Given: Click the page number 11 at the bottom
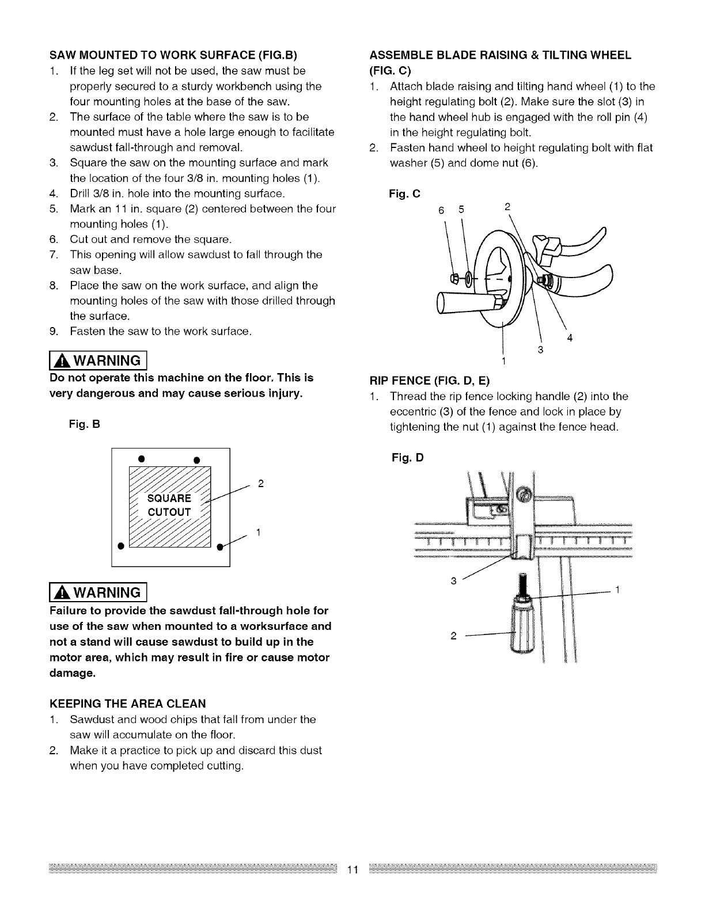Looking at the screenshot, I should point(352,869).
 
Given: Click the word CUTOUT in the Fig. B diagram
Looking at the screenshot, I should point(169,512).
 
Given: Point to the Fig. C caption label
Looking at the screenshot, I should point(404,194).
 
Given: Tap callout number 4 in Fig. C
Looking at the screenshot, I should point(570,338).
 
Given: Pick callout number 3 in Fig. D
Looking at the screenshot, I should point(453,581).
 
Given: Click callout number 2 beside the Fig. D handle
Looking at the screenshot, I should point(453,636).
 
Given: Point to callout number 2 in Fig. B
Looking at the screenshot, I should point(260,483).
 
